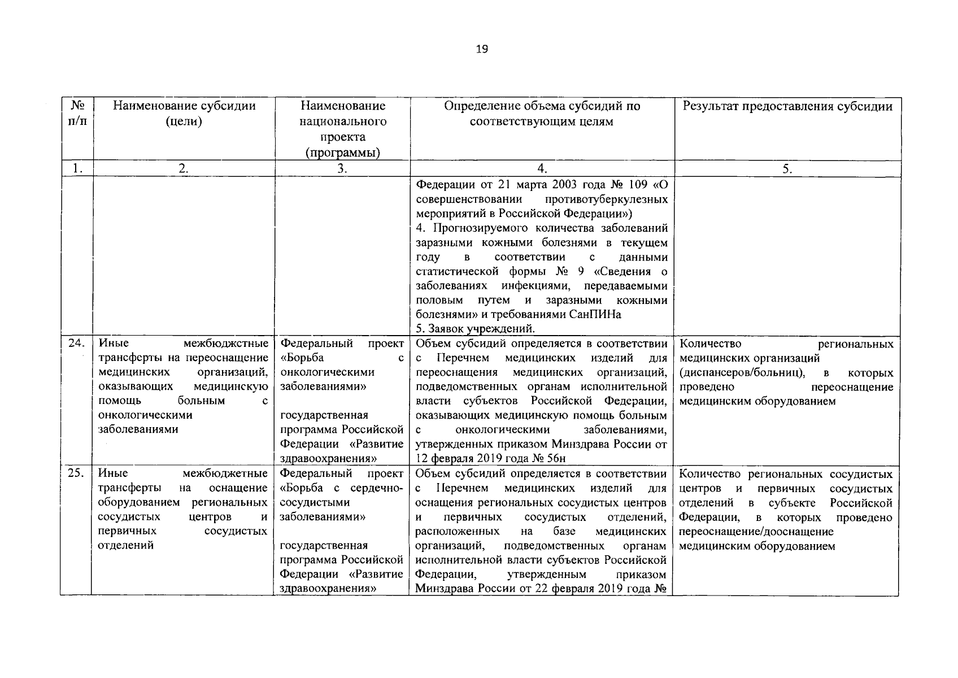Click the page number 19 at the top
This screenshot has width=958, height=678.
[481, 49]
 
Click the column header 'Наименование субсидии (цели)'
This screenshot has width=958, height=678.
[184, 114]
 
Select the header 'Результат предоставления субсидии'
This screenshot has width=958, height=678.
[787, 106]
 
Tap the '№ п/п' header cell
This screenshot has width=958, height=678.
[76, 114]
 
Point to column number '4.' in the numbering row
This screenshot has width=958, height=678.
[542, 168]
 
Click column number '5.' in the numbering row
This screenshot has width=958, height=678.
[787, 168]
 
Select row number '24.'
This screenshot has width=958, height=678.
[76, 344]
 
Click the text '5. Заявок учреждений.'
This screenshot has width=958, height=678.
[475, 329]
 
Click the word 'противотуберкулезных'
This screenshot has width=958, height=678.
[607, 200]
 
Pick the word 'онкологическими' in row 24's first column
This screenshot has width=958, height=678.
[145, 415]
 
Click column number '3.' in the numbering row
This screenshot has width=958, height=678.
[342, 168]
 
